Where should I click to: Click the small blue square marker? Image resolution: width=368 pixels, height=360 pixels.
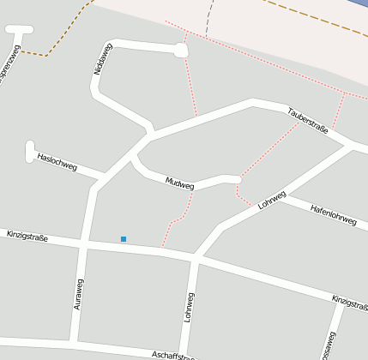click(x=124, y=238)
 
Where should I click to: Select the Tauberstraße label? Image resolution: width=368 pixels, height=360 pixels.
click(x=308, y=121)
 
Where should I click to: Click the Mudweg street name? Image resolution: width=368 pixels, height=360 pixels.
click(x=180, y=183)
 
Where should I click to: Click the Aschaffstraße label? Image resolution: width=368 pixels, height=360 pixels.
click(x=176, y=355)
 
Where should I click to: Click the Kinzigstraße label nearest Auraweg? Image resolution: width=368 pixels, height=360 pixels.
click(x=27, y=235)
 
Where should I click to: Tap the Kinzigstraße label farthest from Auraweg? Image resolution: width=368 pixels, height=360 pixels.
click(x=349, y=300)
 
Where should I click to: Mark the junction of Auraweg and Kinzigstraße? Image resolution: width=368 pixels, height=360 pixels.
click(x=83, y=245)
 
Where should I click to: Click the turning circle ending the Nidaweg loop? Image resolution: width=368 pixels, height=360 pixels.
click(x=180, y=51)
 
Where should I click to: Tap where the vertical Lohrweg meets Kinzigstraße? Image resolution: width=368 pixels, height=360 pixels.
click(x=196, y=256)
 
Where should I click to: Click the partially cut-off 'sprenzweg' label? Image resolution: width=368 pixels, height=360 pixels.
click(x=9, y=69)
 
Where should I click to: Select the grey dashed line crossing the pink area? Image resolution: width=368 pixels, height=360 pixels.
click(x=208, y=17)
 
